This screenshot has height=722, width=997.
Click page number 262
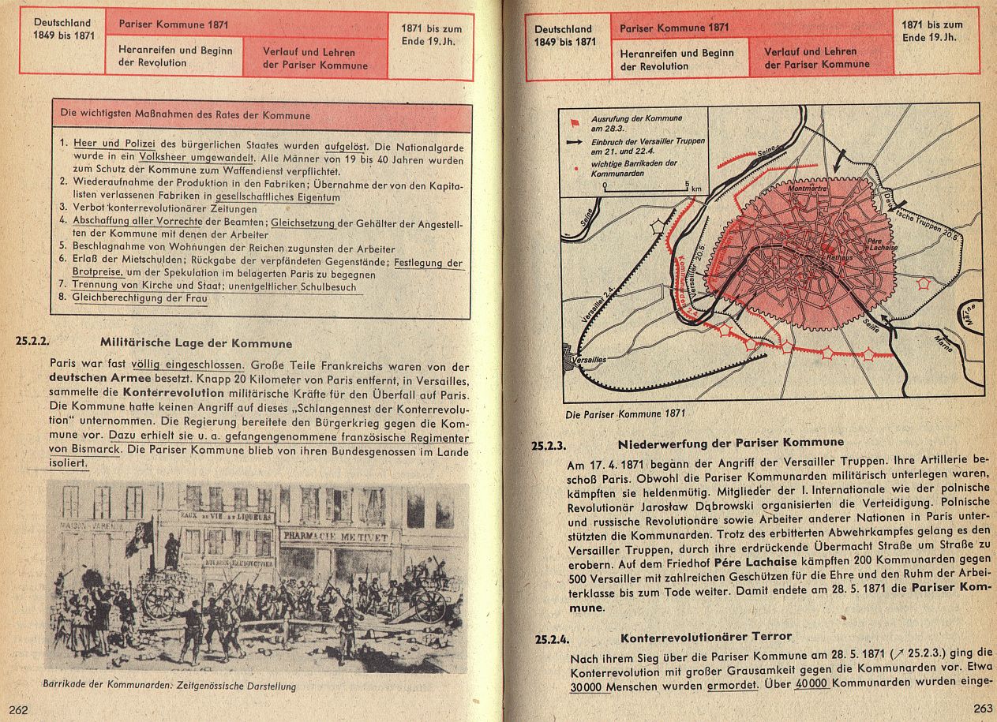[18, 709]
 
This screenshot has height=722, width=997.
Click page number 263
[983, 708]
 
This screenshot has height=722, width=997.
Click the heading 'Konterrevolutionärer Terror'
[706, 636]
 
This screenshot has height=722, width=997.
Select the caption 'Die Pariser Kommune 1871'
[625, 413]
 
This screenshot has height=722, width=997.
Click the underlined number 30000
[586, 686]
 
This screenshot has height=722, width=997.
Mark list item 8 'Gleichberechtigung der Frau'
[139, 299]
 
